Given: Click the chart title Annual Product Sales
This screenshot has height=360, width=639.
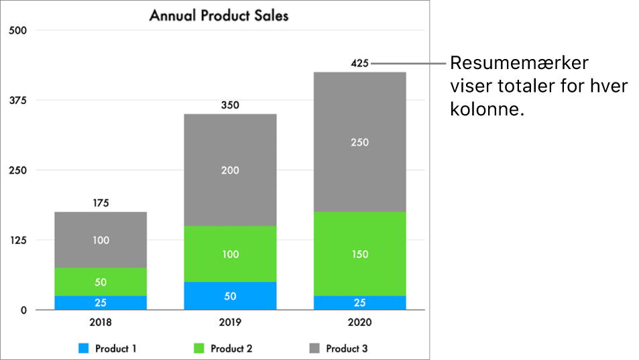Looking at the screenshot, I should [x=219, y=15].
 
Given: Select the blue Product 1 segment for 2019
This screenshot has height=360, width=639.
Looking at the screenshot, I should [x=230, y=296].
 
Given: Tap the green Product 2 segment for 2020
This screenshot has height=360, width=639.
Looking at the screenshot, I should [x=359, y=254].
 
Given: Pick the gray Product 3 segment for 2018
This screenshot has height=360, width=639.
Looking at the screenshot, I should [x=101, y=239].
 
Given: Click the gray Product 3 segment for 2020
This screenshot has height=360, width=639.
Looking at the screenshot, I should [x=359, y=142].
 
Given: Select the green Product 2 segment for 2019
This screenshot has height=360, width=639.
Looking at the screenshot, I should [x=230, y=254].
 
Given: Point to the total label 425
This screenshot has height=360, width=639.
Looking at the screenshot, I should [x=359, y=64].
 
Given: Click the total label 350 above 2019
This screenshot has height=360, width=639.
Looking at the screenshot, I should [x=230, y=105].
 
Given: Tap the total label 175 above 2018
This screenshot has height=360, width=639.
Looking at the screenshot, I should [x=101, y=202].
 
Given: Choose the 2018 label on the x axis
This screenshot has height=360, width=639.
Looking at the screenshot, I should [x=101, y=322].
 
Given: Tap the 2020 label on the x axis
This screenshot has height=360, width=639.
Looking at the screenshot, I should [x=359, y=322].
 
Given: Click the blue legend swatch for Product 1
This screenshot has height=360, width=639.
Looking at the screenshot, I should [x=84, y=349].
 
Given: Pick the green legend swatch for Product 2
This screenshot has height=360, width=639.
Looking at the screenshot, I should [x=199, y=349].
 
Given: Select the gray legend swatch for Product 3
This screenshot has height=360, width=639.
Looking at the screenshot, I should [x=314, y=349].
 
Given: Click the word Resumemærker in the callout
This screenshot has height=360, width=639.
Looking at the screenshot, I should [x=519, y=64].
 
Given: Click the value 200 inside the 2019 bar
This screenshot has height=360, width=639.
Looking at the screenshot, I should [x=230, y=170].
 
